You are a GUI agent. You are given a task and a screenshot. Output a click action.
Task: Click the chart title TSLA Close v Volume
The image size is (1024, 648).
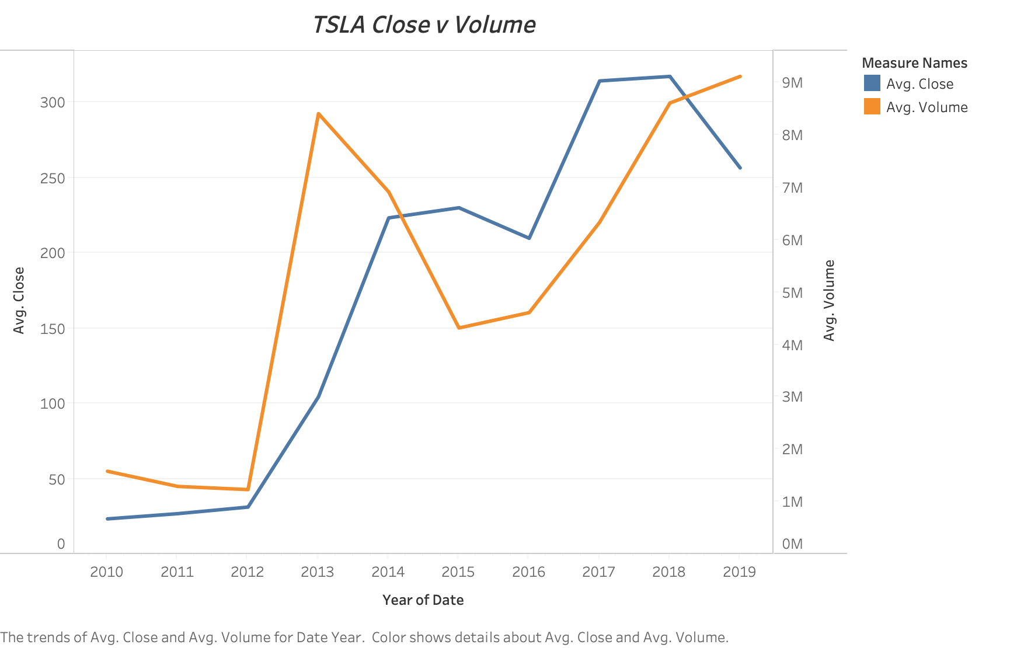click(424, 25)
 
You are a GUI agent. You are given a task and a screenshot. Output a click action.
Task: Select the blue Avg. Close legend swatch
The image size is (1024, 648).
click(872, 83)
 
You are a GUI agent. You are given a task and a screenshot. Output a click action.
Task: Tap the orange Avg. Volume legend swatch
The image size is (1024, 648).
click(872, 107)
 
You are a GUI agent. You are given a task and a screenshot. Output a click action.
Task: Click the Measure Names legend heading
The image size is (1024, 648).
click(914, 63)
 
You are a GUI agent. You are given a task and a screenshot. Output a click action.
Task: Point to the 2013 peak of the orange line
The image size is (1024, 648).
click(318, 113)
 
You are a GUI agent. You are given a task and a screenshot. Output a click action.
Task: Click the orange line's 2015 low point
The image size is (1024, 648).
click(459, 328)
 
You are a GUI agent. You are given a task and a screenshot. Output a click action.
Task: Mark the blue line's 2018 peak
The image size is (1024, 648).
click(670, 76)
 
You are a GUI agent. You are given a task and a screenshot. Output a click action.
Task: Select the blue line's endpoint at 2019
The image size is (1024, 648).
click(740, 168)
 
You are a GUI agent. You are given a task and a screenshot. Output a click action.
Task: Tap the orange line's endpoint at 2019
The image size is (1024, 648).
click(740, 76)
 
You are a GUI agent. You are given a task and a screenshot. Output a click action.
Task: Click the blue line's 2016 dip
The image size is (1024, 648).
click(529, 238)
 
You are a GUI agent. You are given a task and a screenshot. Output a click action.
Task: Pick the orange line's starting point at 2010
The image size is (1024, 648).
click(107, 471)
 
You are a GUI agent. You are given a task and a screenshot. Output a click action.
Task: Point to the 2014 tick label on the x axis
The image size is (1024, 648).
click(388, 572)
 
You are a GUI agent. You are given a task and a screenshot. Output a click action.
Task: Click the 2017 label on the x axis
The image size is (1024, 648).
click(598, 572)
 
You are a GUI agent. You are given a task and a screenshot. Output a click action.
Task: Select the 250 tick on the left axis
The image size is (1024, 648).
click(53, 178)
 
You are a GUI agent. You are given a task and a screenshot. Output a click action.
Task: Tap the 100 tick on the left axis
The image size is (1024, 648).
click(53, 403)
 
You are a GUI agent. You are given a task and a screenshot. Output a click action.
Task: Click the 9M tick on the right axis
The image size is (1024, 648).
click(792, 83)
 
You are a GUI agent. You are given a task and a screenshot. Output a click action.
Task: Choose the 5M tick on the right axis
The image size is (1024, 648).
click(792, 293)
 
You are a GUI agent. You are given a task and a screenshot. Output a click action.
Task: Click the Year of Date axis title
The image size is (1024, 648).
click(423, 600)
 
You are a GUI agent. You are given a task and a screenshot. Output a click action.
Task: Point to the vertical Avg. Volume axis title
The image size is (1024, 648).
click(829, 300)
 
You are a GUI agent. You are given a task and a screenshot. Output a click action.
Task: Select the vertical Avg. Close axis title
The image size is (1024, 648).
click(19, 300)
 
